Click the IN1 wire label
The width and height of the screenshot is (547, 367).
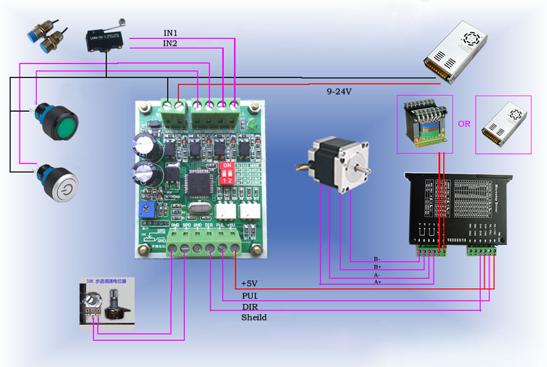click(x=170, y=32)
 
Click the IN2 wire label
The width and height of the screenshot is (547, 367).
click(x=170, y=43)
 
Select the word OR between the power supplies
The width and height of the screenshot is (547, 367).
click(x=464, y=123)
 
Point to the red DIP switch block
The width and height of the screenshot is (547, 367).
click(x=226, y=173)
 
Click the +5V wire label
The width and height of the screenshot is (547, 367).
click(x=250, y=284)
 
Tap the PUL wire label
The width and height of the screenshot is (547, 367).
click(x=250, y=296)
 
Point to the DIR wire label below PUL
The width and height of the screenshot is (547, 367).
click(x=250, y=307)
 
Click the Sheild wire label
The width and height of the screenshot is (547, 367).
click(x=254, y=318)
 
